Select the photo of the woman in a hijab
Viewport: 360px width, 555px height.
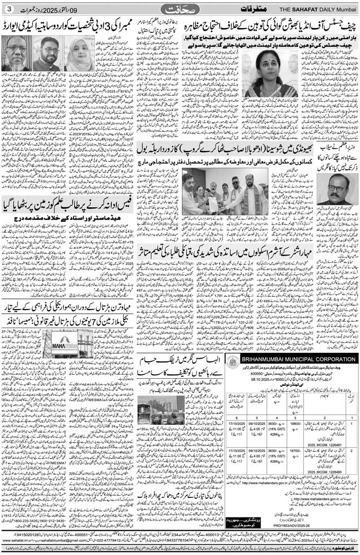[80, 53]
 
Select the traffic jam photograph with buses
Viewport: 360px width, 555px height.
[160, 404]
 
